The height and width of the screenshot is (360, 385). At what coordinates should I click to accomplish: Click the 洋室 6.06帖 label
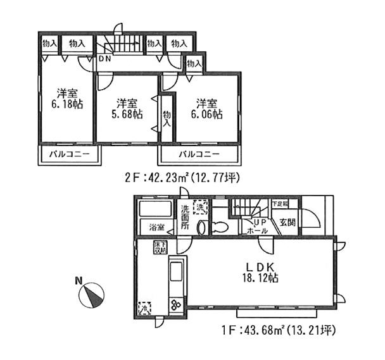tap(208, 108)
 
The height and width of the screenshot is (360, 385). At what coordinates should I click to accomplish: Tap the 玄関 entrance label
tap(287, 223)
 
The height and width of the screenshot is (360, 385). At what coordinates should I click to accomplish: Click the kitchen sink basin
tap(175, 273)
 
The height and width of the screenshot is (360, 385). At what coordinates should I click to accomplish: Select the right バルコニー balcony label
tap(199, 154)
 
